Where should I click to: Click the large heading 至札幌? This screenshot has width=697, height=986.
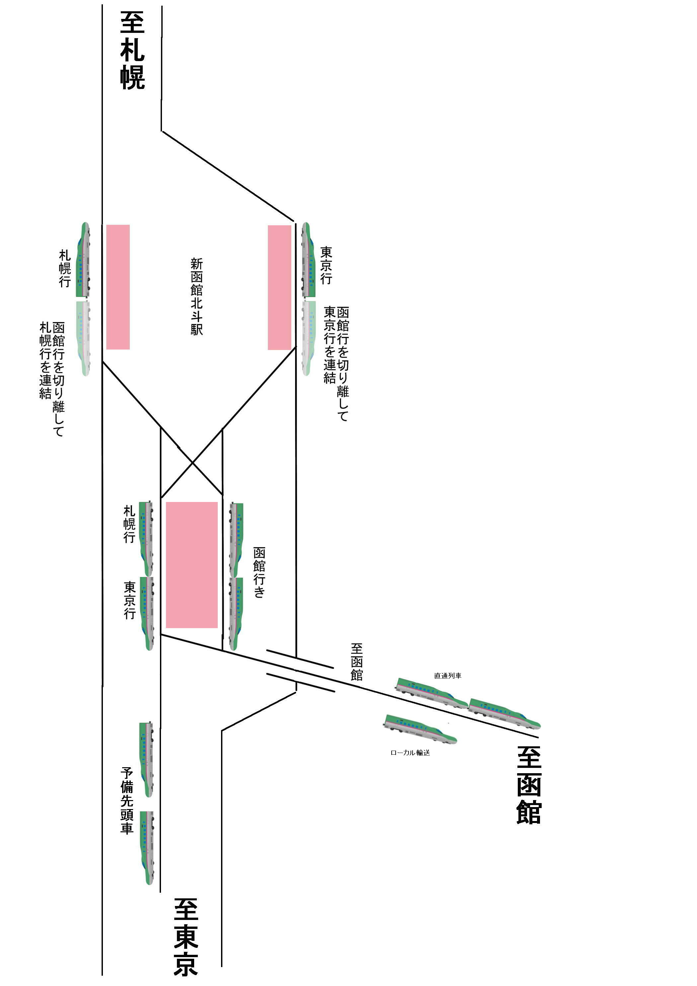point(132,50)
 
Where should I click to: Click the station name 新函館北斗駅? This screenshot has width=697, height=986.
point(197,297)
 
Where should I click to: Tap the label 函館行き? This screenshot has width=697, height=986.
point(259,572)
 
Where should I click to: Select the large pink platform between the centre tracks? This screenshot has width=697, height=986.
point(192,565)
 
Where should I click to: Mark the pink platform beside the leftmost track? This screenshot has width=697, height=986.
point(118,287)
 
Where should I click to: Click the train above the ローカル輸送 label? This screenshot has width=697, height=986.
point(420,728)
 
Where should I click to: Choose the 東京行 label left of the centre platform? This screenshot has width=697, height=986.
point(130,600)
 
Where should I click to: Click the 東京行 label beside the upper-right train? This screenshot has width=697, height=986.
point(326,265)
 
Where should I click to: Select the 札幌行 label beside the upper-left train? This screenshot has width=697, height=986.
point(64,268)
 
